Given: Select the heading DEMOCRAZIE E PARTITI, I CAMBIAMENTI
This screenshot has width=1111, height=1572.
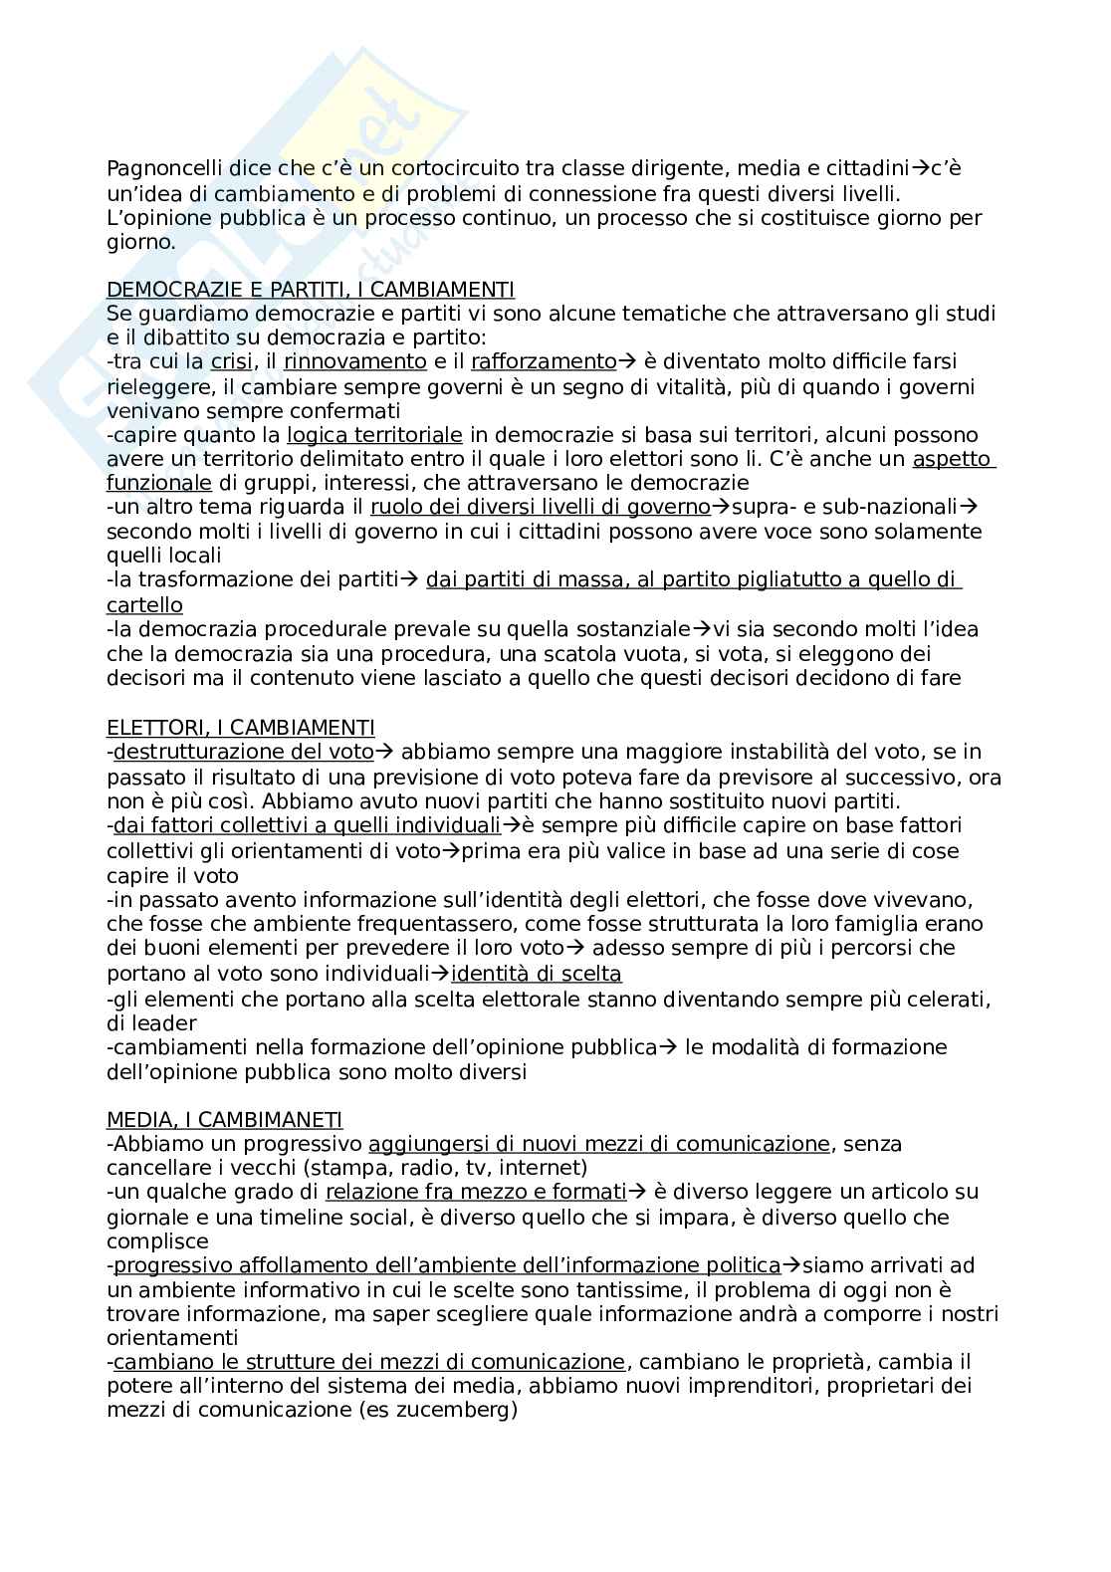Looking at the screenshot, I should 310,290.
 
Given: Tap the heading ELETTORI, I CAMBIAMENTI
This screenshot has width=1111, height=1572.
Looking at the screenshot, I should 240,728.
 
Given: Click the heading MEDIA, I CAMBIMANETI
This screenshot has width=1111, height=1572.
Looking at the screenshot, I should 224,1120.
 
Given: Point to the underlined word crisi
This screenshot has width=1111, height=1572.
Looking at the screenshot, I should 231,361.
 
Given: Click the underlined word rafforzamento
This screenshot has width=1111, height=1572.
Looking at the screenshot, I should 544,361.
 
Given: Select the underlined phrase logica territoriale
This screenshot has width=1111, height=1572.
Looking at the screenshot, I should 374,435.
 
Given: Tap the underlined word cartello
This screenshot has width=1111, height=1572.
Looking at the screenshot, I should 144,605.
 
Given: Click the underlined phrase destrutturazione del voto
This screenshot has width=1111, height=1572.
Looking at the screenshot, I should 244,752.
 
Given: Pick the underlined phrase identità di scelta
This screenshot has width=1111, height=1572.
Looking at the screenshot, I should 536,974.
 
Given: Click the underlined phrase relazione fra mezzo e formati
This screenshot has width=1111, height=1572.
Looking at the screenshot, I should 476,1192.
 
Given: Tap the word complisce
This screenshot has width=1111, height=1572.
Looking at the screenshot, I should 157,1241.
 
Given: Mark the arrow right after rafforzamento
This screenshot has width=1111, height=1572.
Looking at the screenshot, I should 627,361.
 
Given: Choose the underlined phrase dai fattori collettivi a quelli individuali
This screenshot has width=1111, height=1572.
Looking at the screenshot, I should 307,825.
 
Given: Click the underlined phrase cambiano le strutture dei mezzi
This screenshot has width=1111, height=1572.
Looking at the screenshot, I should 369,1362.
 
